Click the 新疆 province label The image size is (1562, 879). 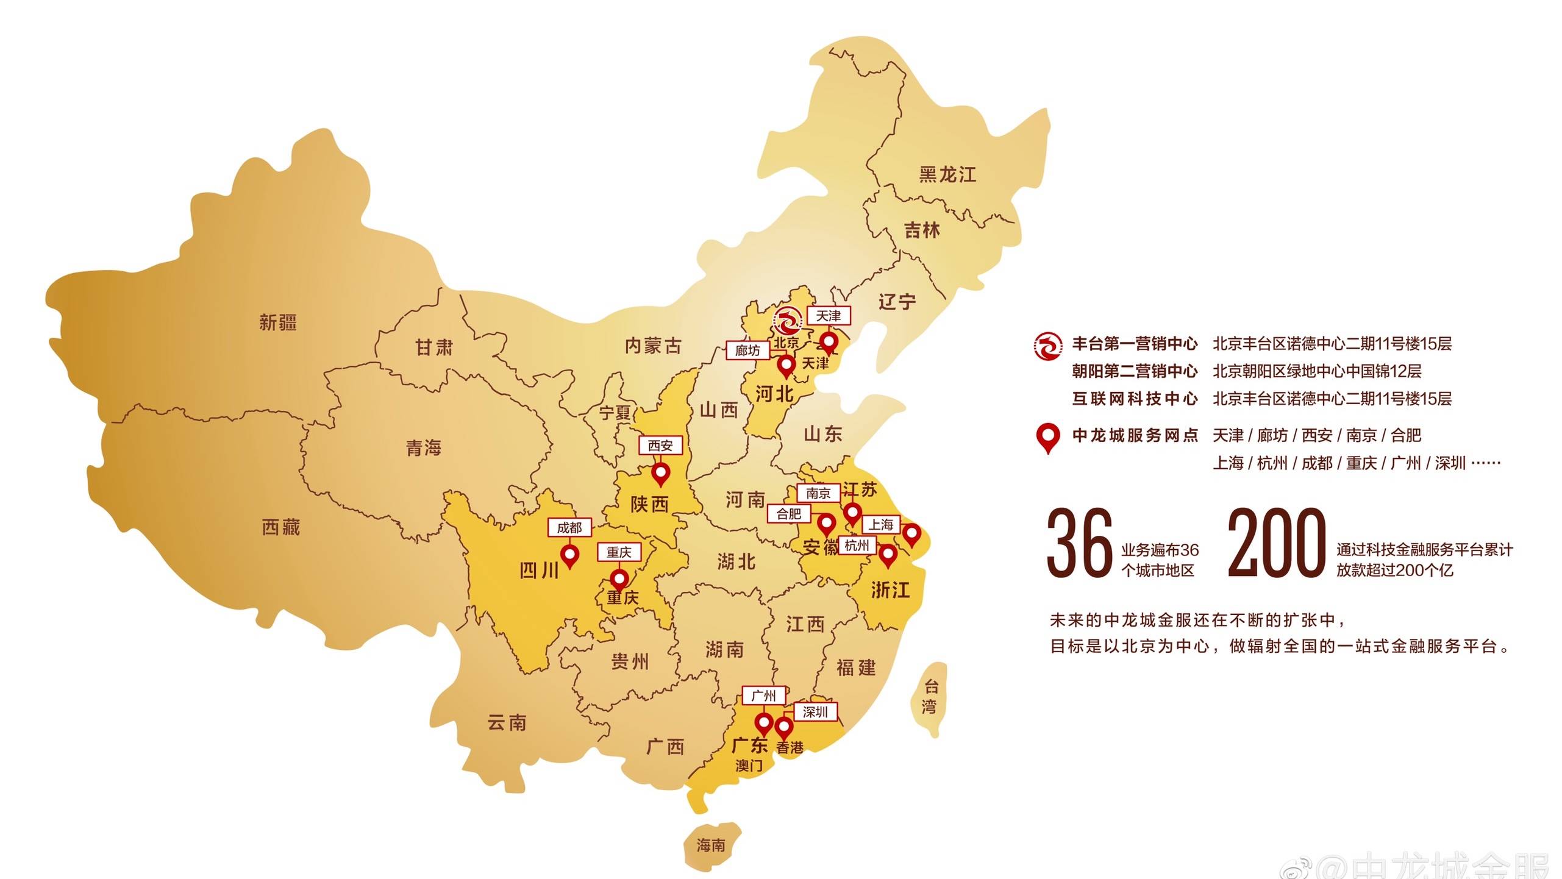tap(278, 322)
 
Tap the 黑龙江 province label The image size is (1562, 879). tap(947, 174)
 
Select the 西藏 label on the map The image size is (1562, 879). tap(281, 527)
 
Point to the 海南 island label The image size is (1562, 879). tap(711, 845)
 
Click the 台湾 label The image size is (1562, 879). tap(930, 697)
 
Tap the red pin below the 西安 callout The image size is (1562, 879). tap(660, 473)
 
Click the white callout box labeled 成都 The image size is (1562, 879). tap(569, 527)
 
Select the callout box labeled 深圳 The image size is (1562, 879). tap(815, 712)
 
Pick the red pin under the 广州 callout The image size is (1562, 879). tap(764, 724)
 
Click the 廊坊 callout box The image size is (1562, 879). tap(747, 351)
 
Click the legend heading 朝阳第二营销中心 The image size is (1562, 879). tap(1135, 371)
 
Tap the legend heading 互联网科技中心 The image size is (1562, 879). tap(1135, 399)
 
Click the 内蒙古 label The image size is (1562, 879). tap(653, 346)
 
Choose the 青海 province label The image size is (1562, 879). tap(424, 448)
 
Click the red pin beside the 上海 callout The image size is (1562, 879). tap(911, 534)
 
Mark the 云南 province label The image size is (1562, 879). tap(507, 723)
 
